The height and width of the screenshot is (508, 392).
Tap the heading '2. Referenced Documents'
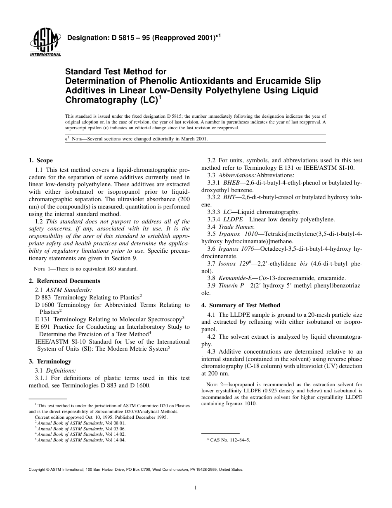coord(64,281)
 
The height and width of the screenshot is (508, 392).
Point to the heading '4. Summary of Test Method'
coord(241,305)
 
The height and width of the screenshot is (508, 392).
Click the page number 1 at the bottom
coord(196,488)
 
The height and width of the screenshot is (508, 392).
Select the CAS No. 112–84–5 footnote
coord(228,440)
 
